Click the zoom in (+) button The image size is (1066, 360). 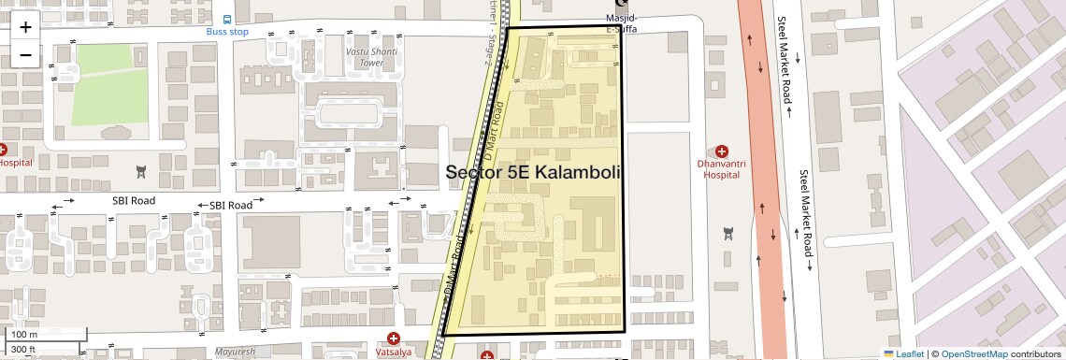pyautogui.click(x=25, y=26)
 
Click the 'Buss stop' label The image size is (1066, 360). pyautogui.click(x=228, y=32)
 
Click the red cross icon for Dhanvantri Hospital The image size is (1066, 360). pyautogui.click(x=721, y=151)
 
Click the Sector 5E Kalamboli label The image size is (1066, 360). pyautogui.click(x=533, y=173)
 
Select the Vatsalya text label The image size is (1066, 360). pyautogui.click(x=394, y=353)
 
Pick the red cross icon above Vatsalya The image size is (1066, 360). pyautogui.click(x=394, y=338)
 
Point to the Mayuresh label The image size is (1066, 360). pyautogui.click(x=235, y=353)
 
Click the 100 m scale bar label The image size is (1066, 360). pyautogui.click(x=24, y=335)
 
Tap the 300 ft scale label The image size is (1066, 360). pyautogui.click(x=23, y=350)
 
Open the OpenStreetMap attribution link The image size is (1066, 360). pyautogui.click(x=974, y=353)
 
